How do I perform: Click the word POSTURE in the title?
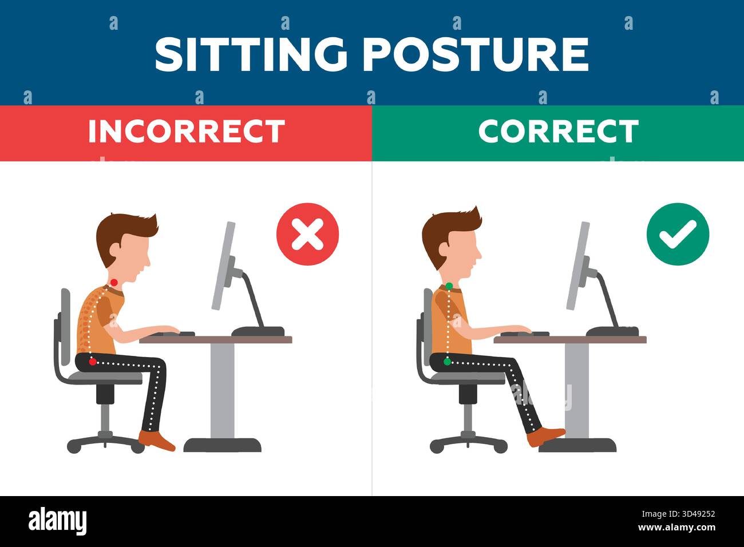pyautogui.click(x=476, y=54)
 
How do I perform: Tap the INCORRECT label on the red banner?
pyautogui.click(x=186, y=132)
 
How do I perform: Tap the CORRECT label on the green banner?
pyautogui.click(x=558, y=132)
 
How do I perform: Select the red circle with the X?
pyautogui.click(x=307, y=235)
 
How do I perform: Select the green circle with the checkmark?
pyautogui.click(x=678, y=235)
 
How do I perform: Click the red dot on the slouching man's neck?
pyautogui.click(x=114, y=282)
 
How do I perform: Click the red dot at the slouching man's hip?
pyautogui.click(x=93, y=362)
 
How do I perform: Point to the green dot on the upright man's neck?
pyautogui.click(x=449, y=286)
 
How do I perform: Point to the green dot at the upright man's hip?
pyautogui.click(x=447, y=362)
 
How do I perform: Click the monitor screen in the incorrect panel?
pyautogui.click(x=223, y=266)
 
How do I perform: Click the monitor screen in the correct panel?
pyautogui.click(x=577, y=266)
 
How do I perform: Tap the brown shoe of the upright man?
pyautogui.click(x=545, y=437)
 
